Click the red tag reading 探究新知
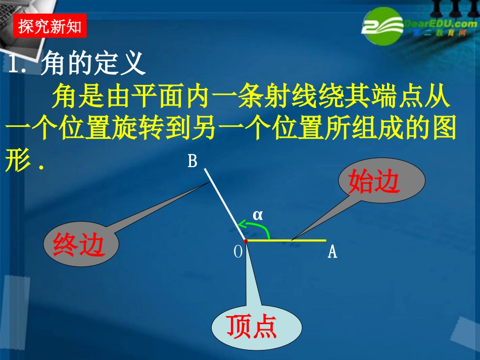pos(50,26)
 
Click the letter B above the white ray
pos(193,161)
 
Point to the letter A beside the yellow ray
pos(332,251)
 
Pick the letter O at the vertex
pos(238,252)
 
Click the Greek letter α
pos(258,215)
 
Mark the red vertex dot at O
pos(245,241)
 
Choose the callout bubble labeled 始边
pos(374,182)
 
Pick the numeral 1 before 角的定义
pos(15,64)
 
